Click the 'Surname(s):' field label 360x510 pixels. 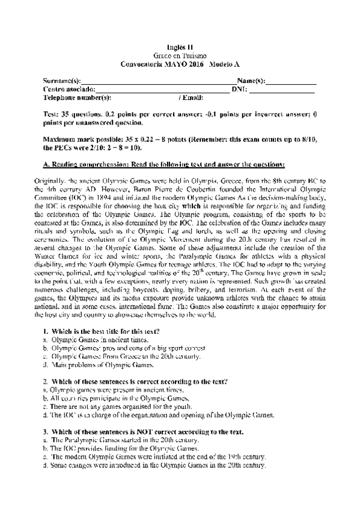point(62,80)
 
